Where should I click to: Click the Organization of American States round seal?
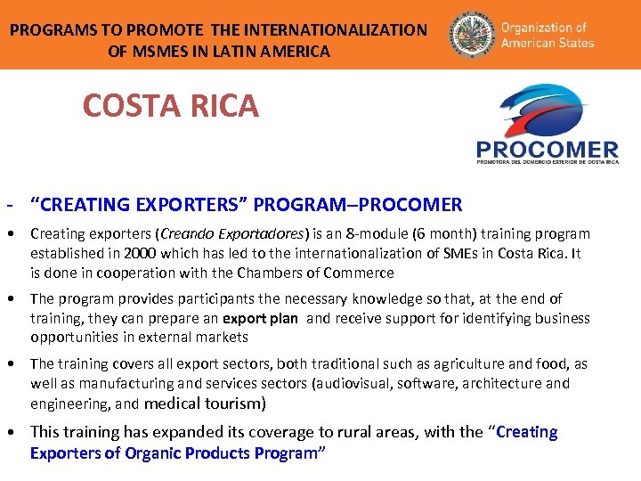pos(469,35)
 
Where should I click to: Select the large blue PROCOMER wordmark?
pos(547,150)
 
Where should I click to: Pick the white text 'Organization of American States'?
pos(547,35)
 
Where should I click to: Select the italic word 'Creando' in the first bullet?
pos(187,234)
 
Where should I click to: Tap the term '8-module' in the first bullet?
pos(364,234)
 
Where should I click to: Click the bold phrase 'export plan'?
pos(260,318)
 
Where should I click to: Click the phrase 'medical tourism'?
pos(203,404)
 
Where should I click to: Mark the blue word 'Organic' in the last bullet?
pos(155,453)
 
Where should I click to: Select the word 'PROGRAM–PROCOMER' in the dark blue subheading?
pos(358,205)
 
